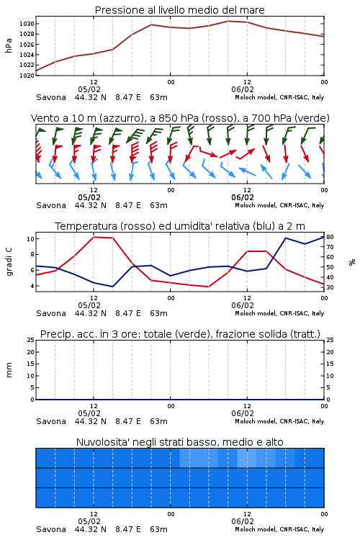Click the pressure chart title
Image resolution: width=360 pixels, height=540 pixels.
[x=179, y=10]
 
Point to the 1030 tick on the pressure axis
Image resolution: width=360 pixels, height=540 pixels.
[x=27, y=24]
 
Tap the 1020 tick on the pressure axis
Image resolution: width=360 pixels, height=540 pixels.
[x=27, y=75]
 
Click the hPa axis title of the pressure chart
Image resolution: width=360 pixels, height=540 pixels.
[x=9, y=45]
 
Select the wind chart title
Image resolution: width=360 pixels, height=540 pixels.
[x=180, y=118]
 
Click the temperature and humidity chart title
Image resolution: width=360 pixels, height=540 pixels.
[x=180, y=226]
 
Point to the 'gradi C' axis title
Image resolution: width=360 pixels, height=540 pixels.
[x=9, y=262]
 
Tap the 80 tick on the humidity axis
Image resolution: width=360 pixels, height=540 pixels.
[x=330, y=237]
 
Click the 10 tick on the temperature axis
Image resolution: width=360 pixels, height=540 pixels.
[x=30, y=238]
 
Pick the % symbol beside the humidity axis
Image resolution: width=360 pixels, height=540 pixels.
[x=352, y=262]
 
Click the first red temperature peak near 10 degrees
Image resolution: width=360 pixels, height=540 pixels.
[x=94, y=237]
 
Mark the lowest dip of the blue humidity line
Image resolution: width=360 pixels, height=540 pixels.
[x=112, y=287]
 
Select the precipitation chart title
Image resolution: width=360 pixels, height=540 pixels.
[x=180, y=334]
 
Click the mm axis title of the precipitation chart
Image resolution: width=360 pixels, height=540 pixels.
[x=9, y=370]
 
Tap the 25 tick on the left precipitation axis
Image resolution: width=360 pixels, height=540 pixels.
[x=30, y=340]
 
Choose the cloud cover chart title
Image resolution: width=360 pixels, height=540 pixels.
[x=180, y=442]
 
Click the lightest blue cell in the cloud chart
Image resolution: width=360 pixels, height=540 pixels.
[x=247, y=458]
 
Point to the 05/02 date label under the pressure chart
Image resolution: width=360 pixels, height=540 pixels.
[x=89, y=89]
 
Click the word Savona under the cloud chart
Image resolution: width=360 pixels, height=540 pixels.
[x=51, y=529]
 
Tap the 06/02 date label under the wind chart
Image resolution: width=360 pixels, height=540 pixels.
[x=243, y=198]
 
